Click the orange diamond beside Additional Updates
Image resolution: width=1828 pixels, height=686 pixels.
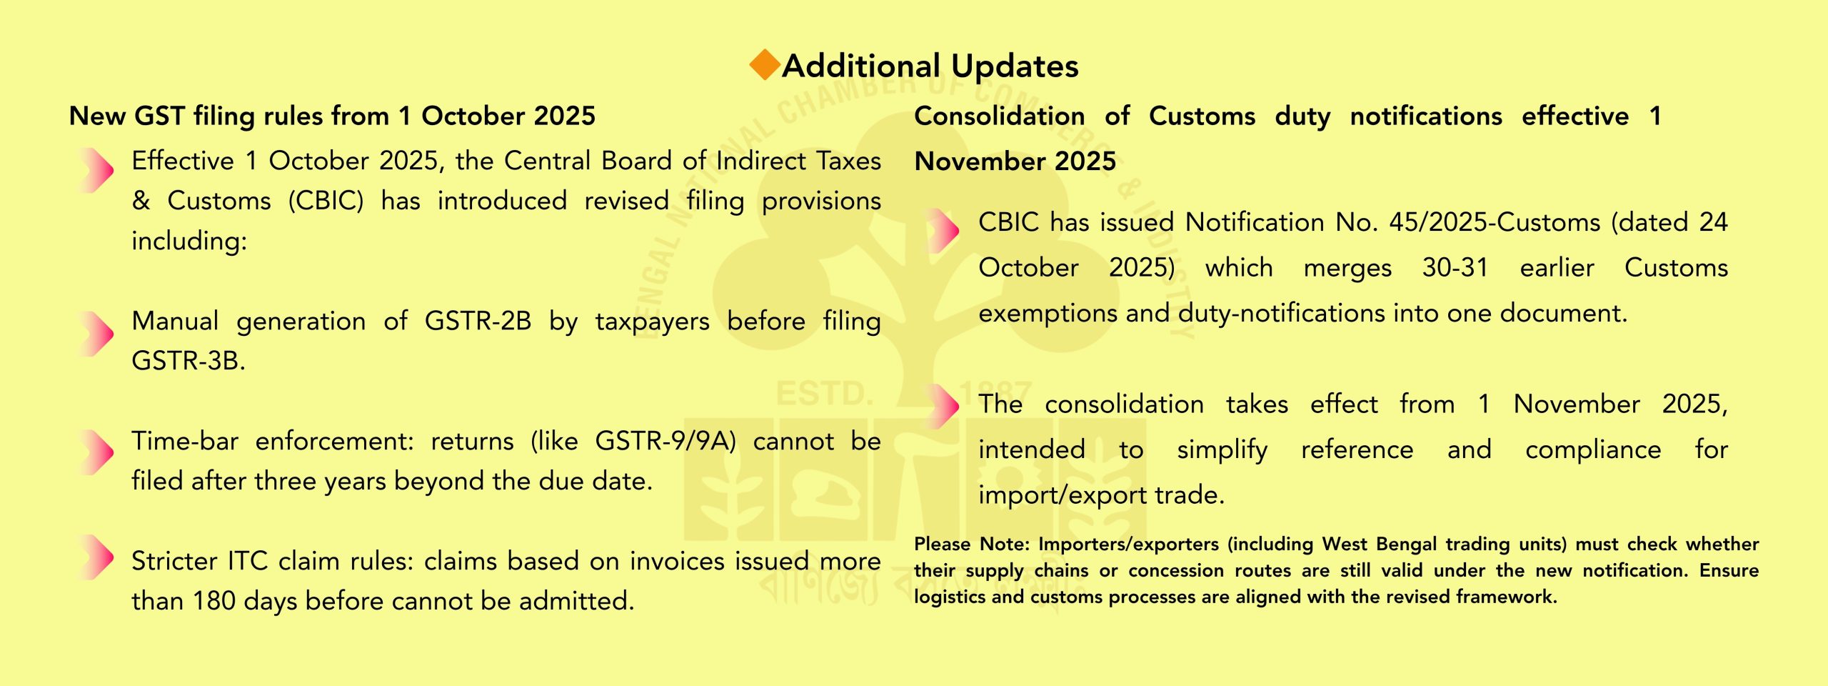tap(765, 64)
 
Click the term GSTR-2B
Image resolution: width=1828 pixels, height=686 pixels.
tap(478, 321)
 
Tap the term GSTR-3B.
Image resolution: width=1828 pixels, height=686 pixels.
tap(188, 361)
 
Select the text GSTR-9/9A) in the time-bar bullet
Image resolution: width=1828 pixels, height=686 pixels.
tap(666, 442)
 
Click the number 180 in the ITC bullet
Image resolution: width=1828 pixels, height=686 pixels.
tap(214, 601)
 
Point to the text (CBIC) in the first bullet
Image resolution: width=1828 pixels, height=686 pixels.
tap(326, 201)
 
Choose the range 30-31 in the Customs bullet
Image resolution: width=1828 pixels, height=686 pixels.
tap(1455, 268)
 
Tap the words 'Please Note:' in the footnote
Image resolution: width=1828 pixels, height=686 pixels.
tap(972, 544)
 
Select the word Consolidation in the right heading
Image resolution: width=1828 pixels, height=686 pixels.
tap(1000, 116)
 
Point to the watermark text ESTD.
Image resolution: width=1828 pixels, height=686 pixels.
tap(825, 394)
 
